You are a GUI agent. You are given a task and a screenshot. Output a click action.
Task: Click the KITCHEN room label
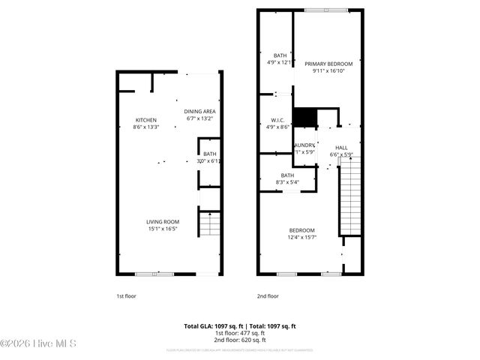coord(145,120)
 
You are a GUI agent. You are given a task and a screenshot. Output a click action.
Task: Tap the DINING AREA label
coord(199,111)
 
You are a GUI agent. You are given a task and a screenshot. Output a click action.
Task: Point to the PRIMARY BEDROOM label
coord(328,64)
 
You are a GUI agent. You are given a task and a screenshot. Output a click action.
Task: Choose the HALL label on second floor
coord(341,148)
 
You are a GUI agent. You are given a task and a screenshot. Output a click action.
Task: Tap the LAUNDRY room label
coord(304,145)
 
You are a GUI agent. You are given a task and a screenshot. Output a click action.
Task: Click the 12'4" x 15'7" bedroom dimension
coord(302,237)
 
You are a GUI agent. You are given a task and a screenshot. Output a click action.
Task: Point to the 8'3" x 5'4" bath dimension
coord(287,181)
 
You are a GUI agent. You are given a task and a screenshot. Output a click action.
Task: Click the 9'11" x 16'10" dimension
coord(328,71)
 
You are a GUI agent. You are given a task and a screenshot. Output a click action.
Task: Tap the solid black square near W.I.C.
coord(303,118)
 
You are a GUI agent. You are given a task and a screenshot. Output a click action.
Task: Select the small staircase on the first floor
coord(209,224)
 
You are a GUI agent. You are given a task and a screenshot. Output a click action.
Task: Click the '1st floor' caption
coord(126,295)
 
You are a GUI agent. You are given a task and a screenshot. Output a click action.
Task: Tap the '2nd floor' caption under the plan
coord(267,295)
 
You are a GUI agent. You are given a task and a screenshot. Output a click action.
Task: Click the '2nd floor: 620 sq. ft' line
coord(240,340)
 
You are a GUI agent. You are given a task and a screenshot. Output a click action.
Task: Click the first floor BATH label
coord(209,154)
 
